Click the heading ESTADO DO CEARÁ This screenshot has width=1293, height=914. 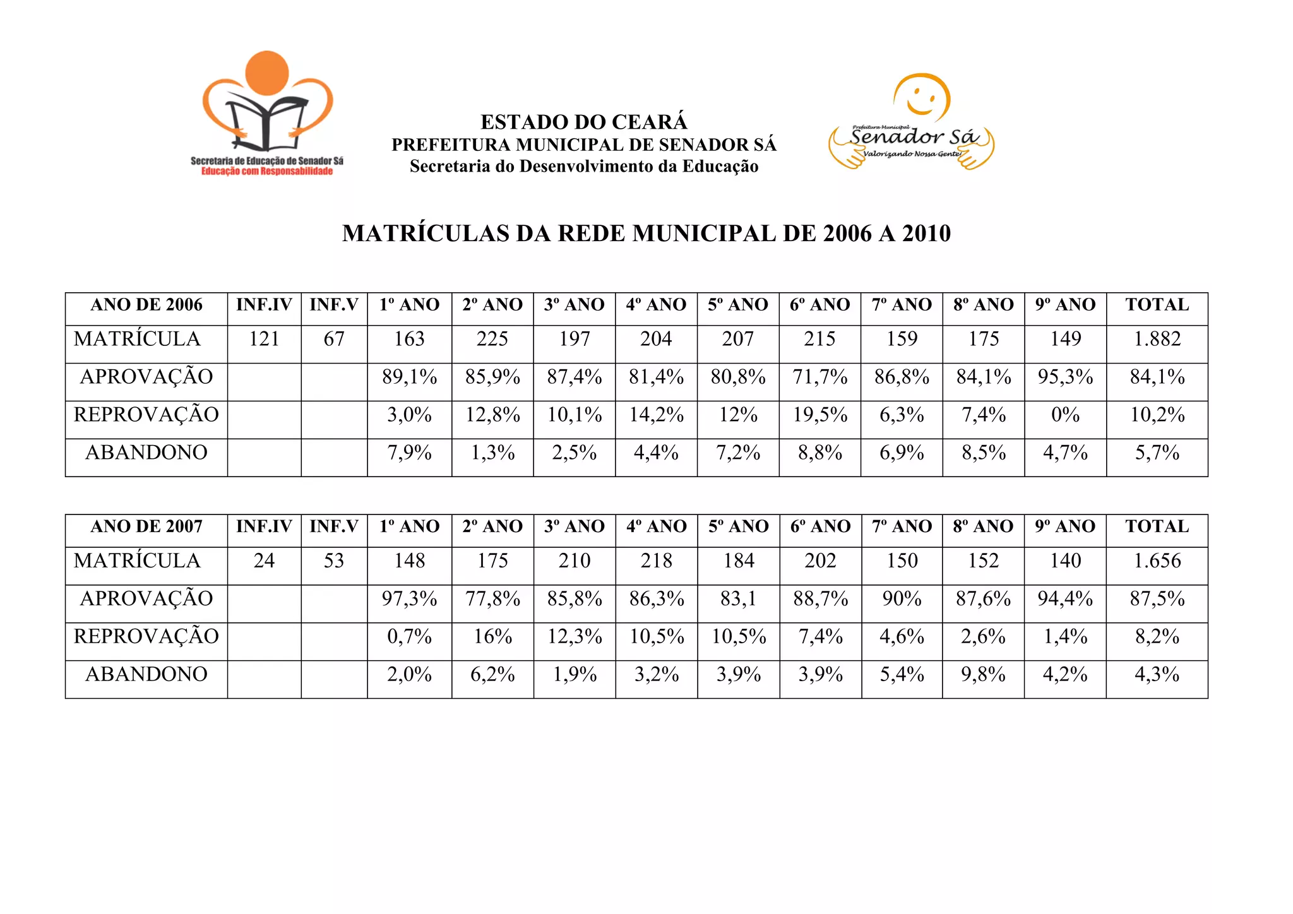583,122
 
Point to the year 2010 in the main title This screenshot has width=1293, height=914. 926,234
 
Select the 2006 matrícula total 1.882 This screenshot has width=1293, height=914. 1157,340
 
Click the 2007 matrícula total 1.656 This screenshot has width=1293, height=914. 1157,561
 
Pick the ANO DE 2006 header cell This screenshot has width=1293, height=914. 146,305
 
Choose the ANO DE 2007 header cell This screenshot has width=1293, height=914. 146,526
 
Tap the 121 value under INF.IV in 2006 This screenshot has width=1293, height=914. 264,340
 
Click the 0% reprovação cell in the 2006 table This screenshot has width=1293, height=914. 1065,415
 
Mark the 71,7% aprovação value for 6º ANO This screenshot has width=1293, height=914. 819,377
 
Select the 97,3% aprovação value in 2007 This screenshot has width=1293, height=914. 409,599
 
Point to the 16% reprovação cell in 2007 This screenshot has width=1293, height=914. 492,637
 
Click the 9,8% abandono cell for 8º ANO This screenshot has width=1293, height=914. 983,675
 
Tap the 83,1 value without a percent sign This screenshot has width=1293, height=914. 738,599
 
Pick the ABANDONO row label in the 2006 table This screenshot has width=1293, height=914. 146,453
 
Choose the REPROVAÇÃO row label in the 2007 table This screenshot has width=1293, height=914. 146,637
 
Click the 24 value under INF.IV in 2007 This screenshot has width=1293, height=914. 264,561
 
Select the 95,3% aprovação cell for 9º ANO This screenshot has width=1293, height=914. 1065,377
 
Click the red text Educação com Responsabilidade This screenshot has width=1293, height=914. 267,172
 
